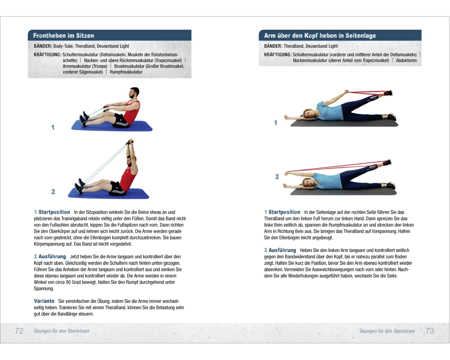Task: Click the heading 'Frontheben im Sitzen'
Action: (63, 36)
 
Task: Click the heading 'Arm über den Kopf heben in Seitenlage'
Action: (320, 36)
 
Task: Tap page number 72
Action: (19, 331)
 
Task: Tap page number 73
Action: (430, 331)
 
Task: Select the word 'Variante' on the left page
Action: (44, 301)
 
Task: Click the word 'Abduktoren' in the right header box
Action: (406, 60)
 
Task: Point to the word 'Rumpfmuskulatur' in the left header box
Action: (126, 72)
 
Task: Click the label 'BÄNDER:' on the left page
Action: (43, 46)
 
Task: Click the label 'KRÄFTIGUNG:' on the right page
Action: (278, 54)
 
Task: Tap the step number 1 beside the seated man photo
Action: (53, 127)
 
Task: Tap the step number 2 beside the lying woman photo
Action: (277, 176)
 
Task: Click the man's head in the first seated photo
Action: (134, 93)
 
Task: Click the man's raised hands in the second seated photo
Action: (130, 142)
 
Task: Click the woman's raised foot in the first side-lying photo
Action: (388, 93)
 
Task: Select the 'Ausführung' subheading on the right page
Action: (282, 250)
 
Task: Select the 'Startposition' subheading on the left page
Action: (54, 212)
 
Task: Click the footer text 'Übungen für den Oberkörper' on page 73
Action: (387, 331)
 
